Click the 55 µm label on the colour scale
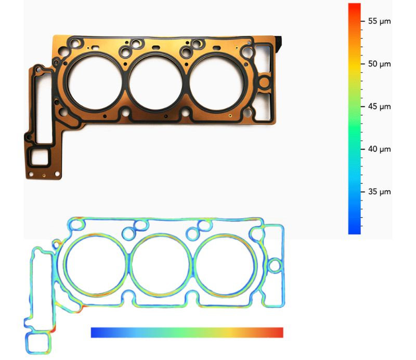[x=379, y=21]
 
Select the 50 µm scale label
[x=379, y=64]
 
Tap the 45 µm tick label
[x=379, y=106]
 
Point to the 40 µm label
[x=379, y=149]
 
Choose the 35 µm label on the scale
[x=379, y=192]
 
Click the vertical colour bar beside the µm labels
[x=354, y=119]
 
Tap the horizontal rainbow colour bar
[x=187, y=332]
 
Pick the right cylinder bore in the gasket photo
[x=216, y=82]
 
